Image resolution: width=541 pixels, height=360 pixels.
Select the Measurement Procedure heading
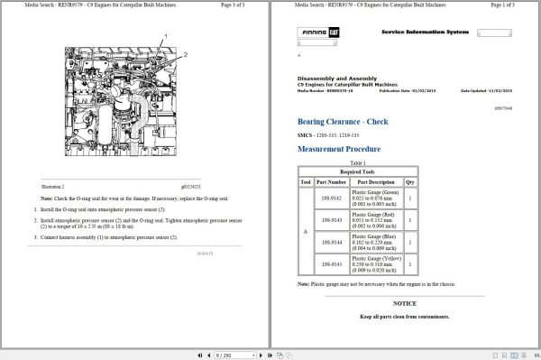point(338,149)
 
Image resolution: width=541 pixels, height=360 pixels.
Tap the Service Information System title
point(425,32)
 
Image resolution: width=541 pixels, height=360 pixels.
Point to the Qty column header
point(410,181)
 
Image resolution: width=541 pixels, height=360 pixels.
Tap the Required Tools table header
point(359,171)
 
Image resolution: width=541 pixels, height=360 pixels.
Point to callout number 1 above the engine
point(166,35)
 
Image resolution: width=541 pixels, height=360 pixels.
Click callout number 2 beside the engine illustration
point(185,55)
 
